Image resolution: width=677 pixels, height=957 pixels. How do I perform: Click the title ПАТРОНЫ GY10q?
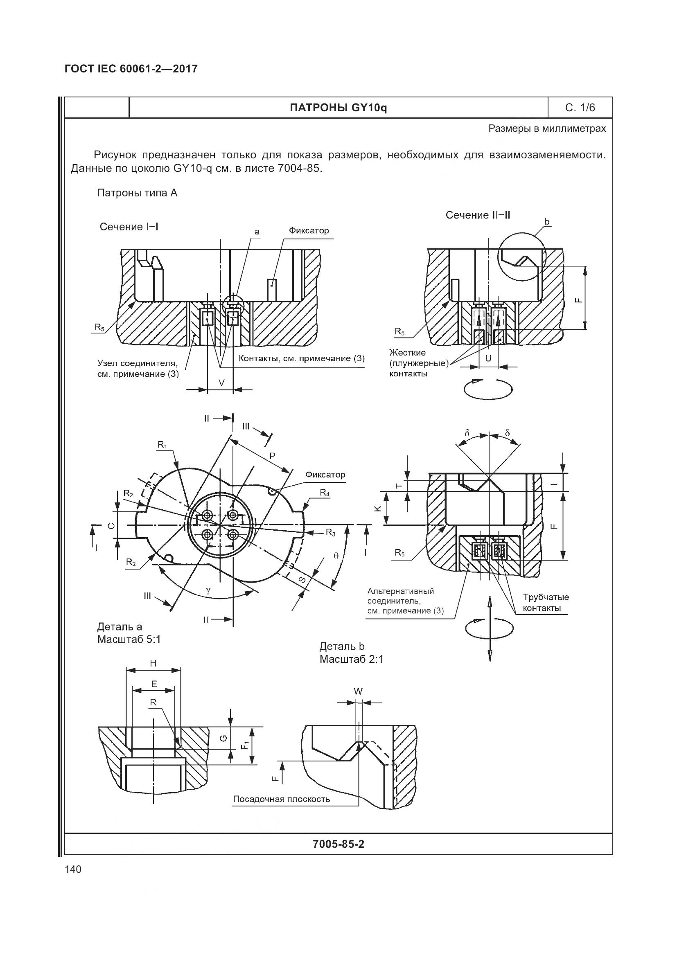pyautogui.click(x=338, y=108)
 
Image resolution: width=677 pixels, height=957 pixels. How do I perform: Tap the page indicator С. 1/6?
pyautogui.click(x=580, y=108)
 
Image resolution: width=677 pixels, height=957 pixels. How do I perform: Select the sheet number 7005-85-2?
pyautogui.click(x=338, y=844)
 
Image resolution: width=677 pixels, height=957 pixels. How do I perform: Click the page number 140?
pyautogui.click(x=73, y=869)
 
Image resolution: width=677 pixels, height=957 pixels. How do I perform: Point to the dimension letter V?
pyautogui.click(x=221, y=382)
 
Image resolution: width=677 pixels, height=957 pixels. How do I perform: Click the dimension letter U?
pyautogui.click(x=488, y=358)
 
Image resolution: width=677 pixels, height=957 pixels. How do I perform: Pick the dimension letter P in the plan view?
pyautogui.click(x=272, y=455)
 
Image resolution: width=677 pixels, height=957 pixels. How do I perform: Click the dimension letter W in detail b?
pyautogui.click(x=358, y=691)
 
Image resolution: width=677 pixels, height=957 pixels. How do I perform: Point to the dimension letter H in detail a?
pyautogui.click(x=153, y=663)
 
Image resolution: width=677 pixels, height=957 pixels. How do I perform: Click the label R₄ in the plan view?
pyautogui.click(x=325, y=492)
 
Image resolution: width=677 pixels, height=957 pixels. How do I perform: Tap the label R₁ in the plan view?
pyautogui.click(x=162, y=445)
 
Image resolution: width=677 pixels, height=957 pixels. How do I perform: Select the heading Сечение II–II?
pyautogui.click(x=478, y=215)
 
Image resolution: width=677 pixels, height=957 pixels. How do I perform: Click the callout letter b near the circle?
pyautogui.click(x=547, y=221)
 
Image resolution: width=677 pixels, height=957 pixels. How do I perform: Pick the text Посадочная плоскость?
pyautogui.click(x=281, y=799)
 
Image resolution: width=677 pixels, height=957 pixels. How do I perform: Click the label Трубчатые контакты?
pyautogui.click(x=546, y=602)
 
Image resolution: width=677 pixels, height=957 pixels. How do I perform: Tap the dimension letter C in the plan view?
pyautogui.click(x=111, y=526)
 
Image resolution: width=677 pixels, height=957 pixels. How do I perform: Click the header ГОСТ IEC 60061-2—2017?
pyautogui.click(x=131, y=69)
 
